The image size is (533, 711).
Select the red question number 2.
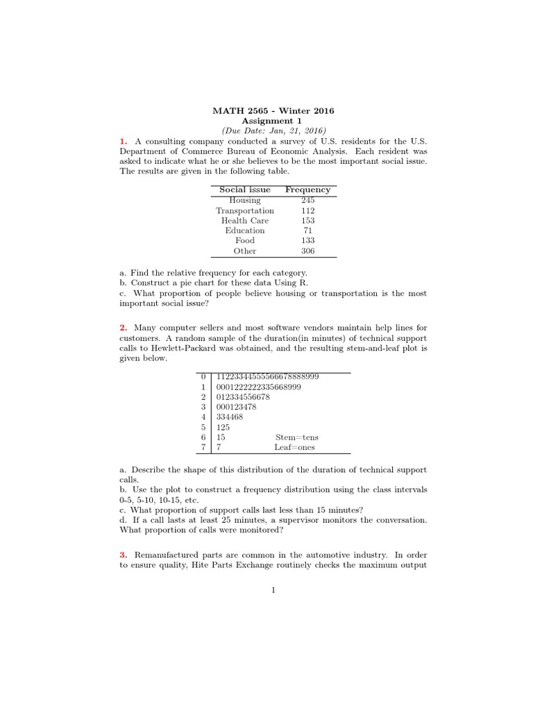[x=123, y=328]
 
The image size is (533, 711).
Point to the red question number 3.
[x=123, y=555]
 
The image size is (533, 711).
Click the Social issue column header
[x=245, y=190]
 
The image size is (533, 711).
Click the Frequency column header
[x=307, y=190]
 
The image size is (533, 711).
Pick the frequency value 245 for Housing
[x=307, y=200]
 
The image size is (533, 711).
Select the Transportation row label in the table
[x=245, y=210]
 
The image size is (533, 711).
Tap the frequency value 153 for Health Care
[x=307, y=221]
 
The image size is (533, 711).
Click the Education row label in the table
[x=245, y=231]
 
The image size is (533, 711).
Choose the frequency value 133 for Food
[x=307, y=241]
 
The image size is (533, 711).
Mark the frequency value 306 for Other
[x=307, y=251]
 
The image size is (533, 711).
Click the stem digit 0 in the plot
[x=203, y=376]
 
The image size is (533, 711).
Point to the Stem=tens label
[x=297, y=438]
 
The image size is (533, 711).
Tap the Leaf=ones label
[x=297, y=449]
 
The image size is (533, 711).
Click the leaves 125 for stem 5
[x=223, y=428]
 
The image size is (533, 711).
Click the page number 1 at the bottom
[x=273, y=591]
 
